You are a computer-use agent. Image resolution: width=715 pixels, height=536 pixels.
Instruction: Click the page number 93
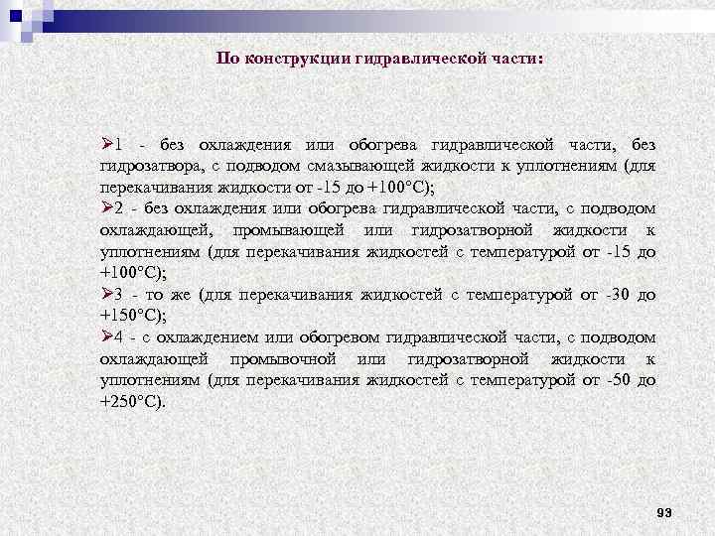(x=664, y=512)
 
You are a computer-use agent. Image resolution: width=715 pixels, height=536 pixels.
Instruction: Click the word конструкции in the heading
(x=292, y=58)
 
